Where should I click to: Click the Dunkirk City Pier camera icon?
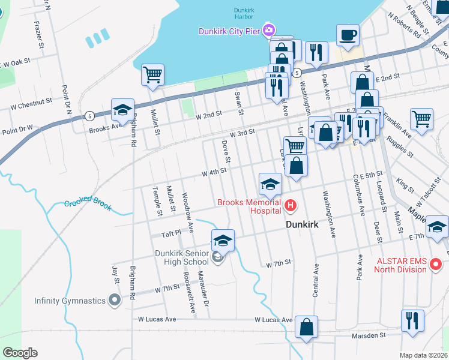[x=268, y=29]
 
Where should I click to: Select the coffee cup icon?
[x=348, y=34]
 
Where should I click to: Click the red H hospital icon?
[x=291, y=206]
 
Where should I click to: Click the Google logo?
[x=20, y=353]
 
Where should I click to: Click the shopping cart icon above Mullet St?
[x=152, y=75]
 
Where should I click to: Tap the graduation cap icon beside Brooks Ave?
[x=122, y=109]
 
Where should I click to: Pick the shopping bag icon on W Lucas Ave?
[x=306, y=327]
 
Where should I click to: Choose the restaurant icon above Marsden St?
[x=412, y=320]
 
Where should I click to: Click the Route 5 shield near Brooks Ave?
[x=89, y=115]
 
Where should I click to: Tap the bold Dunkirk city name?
[x=304, y=224]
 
